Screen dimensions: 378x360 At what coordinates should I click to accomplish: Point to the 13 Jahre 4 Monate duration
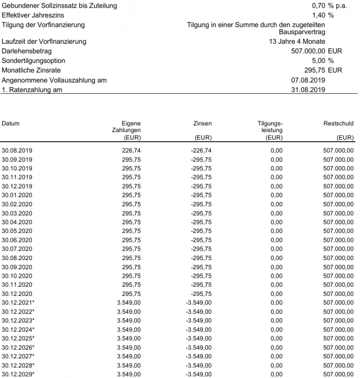tap(297, 41)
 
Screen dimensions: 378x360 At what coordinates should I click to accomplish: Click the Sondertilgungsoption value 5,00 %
tap(323, 60)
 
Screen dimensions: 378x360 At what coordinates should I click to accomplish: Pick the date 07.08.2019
tap(308, 80)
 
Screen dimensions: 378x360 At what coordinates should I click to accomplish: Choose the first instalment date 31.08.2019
tap(308, 90)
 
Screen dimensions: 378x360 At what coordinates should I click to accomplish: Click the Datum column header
tap(11, 123)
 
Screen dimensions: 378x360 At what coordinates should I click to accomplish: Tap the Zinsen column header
tap(202, 123)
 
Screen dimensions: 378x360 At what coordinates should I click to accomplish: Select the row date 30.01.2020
tap(17, 195)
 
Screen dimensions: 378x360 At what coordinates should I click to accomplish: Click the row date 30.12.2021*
tap(19, 302)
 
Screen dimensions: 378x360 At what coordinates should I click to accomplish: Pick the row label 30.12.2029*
tap(19, 373)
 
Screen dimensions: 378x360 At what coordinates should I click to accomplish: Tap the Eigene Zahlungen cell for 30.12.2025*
tap(128, 338)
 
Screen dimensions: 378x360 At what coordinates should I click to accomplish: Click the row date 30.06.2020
tap(17, 239)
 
